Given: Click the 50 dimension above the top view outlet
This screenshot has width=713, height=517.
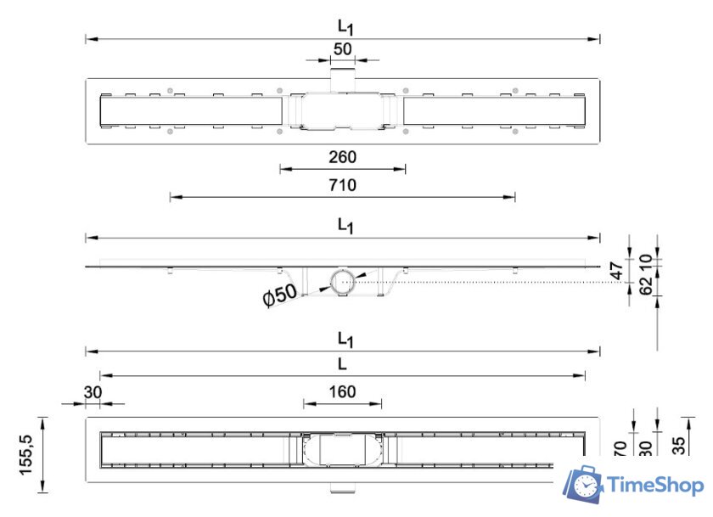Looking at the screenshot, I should (343, 49).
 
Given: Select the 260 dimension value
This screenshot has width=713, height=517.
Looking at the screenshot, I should (343, 157).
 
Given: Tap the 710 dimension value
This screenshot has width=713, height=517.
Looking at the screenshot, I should (343, 185).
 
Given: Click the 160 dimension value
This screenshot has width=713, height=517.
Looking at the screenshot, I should (343, 391).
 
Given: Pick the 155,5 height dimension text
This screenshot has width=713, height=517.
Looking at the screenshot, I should (28, 454).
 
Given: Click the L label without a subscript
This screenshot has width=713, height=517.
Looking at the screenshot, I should (341, 363).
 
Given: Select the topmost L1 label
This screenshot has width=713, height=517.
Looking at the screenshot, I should (344, 26).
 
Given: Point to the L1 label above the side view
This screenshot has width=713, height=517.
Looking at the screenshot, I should (344, 225).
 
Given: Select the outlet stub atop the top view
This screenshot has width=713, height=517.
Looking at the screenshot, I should (343, 76).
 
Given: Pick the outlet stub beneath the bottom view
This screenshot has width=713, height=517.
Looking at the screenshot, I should (342, 490).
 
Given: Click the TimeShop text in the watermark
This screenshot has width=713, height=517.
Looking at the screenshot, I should (655, 485).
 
